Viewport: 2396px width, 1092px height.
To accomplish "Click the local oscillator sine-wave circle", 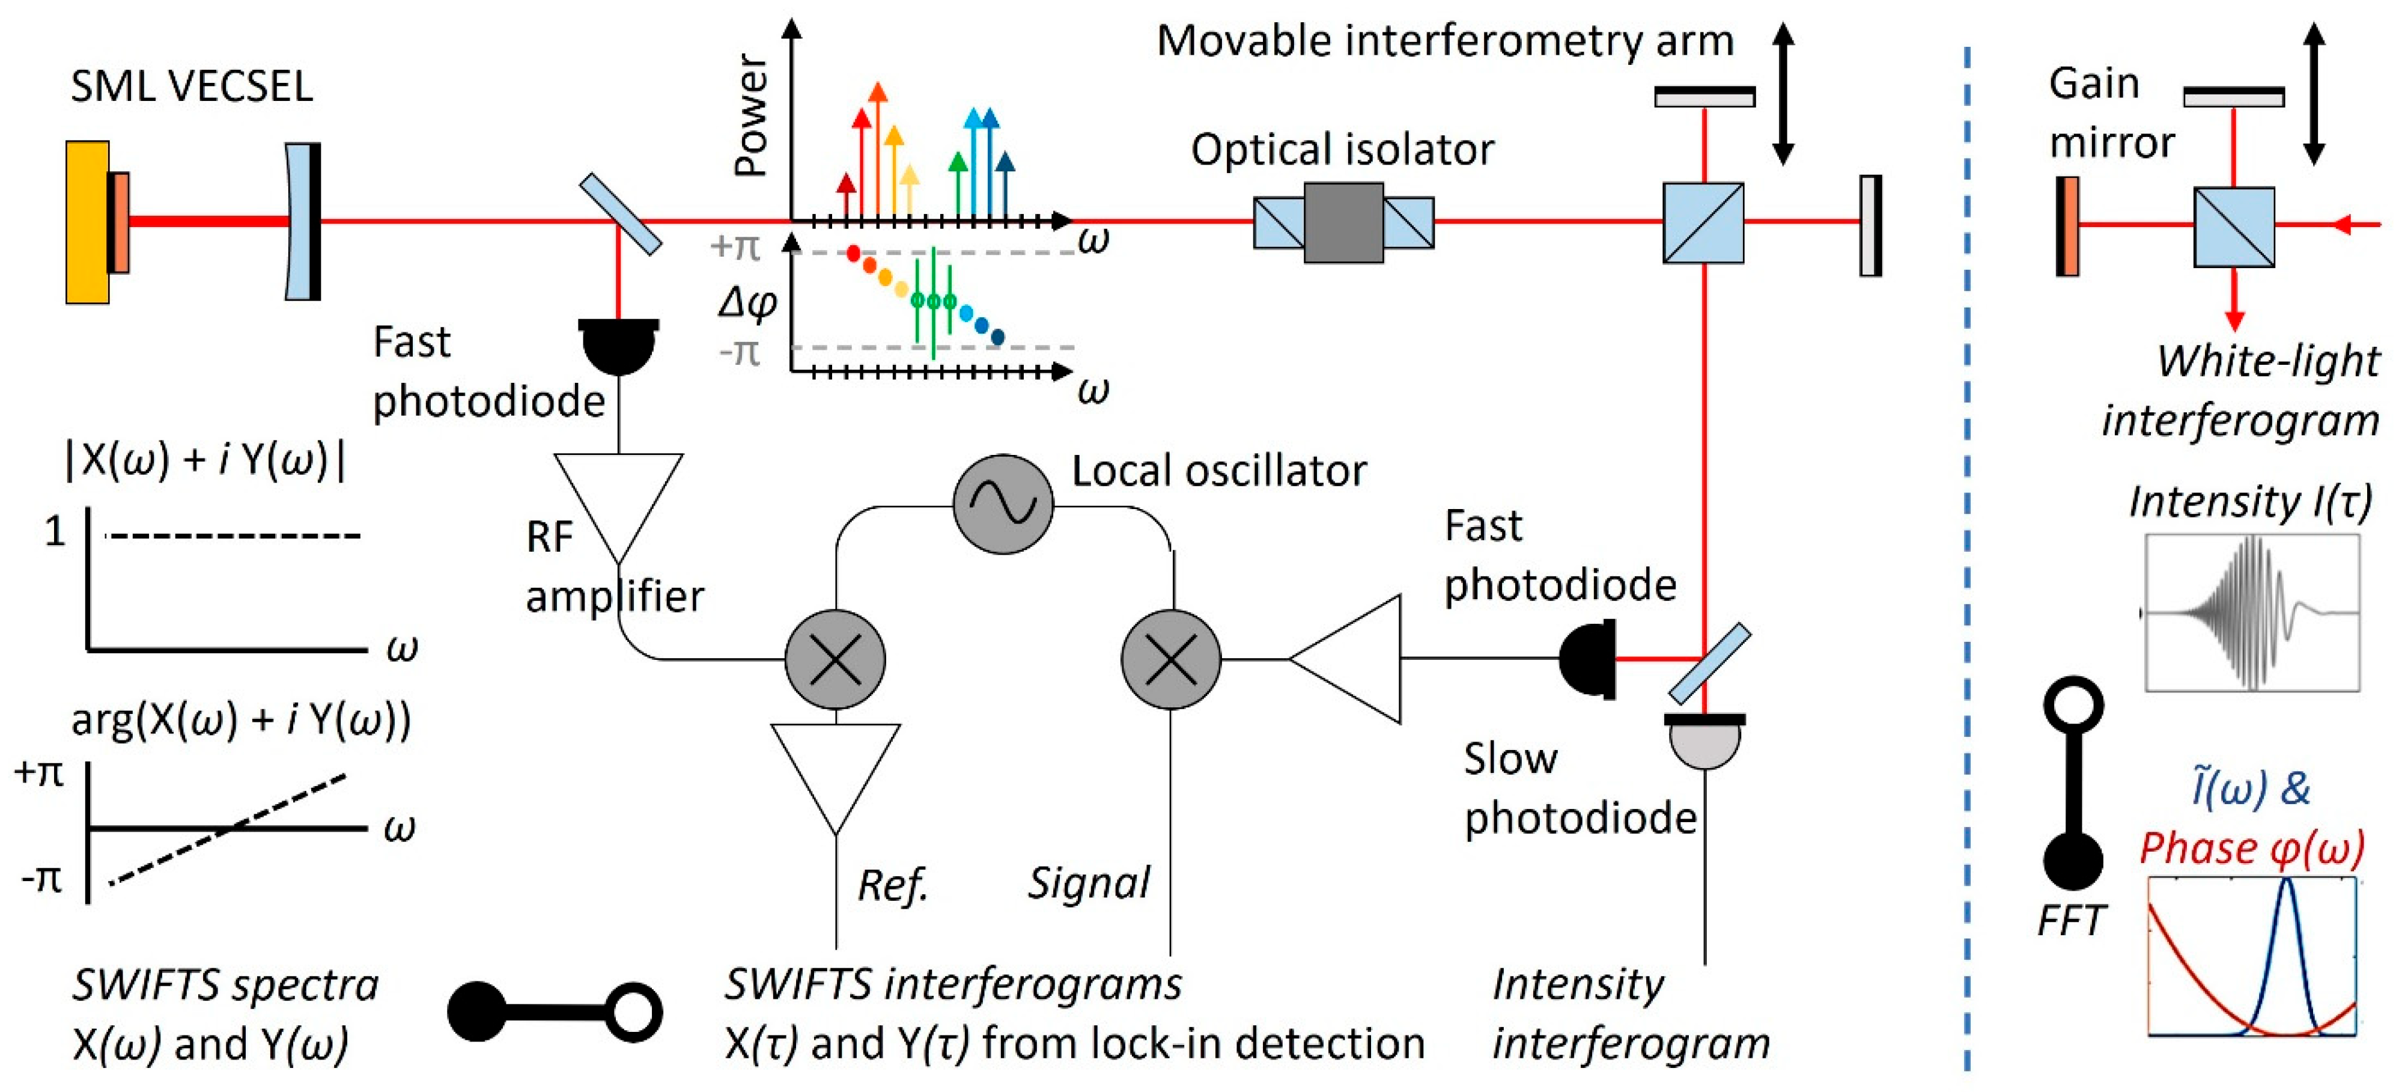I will pyautogui.click(x=1003, y=504).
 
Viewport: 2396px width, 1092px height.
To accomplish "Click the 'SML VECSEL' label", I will pyautogui.click(x=192, y=87).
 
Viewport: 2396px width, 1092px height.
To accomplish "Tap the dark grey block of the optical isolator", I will pyautogui.click(x=1343, y=222).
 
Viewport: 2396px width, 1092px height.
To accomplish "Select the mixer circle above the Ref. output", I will pyautogui.click(x=835, y=659).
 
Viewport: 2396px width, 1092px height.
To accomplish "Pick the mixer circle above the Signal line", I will pyautogui.click(x=1171, y=659).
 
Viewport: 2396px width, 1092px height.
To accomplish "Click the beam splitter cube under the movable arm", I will pyautogui.click(x=1703, y=222).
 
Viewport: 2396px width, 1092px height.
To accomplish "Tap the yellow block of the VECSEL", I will pyautogui.click(x=87, y=222).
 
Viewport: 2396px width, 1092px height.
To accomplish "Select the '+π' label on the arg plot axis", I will pyautogui.click(x=39, y=772).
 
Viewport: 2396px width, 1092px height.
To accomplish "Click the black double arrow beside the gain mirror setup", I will pyautogui.click(x=2314, y=95).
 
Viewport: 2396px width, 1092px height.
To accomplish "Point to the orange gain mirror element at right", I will pyautogui.click(x=2067, y=226).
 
